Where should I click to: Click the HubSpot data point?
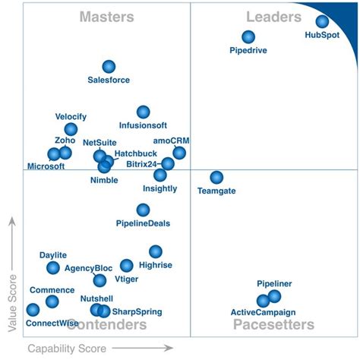coord(322,22)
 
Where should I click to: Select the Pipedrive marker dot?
coord(248,36)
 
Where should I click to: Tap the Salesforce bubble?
coord(109,67)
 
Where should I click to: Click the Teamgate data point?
coord(216,177)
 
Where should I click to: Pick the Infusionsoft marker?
coord(143,112)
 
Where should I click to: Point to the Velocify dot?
coord(71,129)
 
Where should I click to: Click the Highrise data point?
coord(155,251)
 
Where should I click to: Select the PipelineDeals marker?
coord(143,210)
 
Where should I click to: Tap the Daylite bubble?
coord(52,267)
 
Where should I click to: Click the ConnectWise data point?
coord(33,309)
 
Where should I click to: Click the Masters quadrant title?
coord(107,17)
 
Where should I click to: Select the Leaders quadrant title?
coord(274,17)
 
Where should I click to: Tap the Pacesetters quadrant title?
coord(273,325)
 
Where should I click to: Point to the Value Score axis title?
coord(12,303)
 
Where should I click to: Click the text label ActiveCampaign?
coord(263,312)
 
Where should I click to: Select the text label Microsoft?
coord(46,166)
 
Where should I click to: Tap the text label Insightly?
coord(159,188)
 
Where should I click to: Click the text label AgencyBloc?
coord(88,268)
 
